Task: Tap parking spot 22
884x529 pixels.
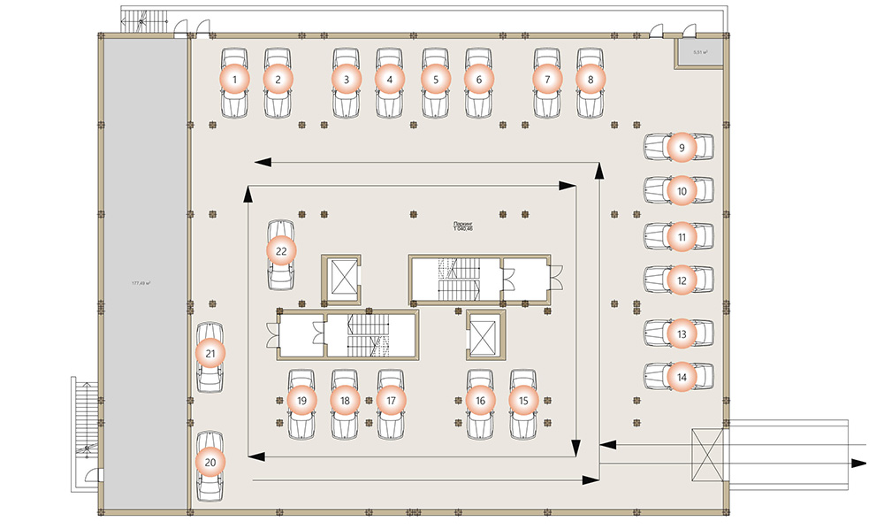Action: (281, 251)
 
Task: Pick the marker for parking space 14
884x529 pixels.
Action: (681, 377)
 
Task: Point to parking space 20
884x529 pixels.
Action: (210, 462)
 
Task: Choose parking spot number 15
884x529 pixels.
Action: (523, 401)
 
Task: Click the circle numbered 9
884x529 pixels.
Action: (681, 147)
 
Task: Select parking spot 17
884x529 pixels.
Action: (391, 401)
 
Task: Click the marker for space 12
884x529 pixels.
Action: (681, 281)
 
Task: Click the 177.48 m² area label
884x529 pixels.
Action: (141, 283)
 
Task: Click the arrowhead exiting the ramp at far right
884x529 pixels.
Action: (857, 463)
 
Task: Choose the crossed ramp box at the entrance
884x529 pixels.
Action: (707, 453)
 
